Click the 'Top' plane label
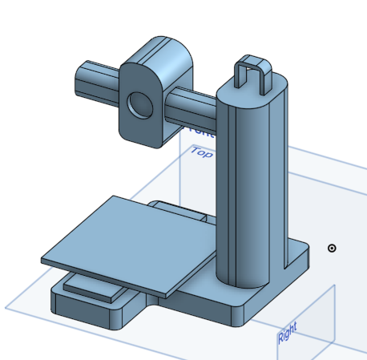(201, 152)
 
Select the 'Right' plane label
(287, 334)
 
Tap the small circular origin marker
(332, 248)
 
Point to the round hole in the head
(140, 105)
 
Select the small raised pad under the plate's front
(88, 285)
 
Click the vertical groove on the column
(232, 192)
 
